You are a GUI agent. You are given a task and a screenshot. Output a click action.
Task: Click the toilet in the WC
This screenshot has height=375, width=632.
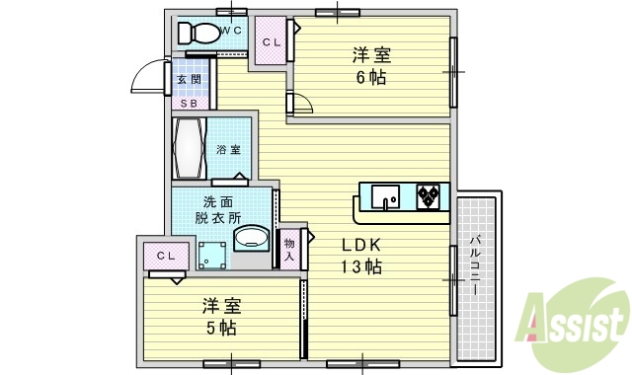coord(200,33)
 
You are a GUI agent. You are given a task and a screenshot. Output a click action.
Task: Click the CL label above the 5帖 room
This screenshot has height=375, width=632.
coord(165,256)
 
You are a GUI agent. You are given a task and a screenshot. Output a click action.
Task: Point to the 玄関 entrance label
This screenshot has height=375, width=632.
coord(188,80)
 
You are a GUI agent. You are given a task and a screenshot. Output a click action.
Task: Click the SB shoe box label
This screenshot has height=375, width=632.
coord(188,102)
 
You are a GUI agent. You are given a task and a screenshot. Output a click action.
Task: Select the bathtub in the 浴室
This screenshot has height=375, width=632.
coord(189,148)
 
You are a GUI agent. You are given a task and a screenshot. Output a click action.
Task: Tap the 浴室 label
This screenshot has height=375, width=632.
coord(229,150)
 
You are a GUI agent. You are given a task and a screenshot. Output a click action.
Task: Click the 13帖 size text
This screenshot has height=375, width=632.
coord(361,266)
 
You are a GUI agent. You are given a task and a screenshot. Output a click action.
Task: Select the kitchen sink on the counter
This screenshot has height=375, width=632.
coord(386,198)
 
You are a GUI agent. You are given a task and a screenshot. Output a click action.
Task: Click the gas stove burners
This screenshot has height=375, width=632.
coord(428,197)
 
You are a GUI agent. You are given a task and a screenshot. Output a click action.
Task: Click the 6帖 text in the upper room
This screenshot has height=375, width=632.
coord(373,78)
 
